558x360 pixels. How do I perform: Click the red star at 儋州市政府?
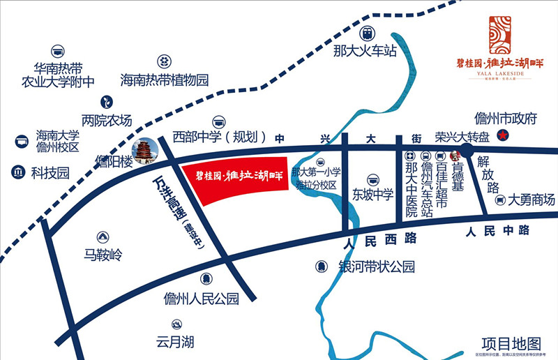(500, 134)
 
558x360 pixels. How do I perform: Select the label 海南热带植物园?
(165, 80)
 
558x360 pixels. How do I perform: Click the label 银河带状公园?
(376, 267)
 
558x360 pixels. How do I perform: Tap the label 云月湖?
(175, 342)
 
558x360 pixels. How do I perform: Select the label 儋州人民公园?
(201, 299)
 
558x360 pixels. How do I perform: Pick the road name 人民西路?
(381, 239)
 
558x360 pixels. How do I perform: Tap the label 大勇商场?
(531, 200)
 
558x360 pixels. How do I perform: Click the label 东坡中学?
(372, 195)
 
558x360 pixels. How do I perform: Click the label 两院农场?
(107, 120)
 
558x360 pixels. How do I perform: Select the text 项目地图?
(511, 343)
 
